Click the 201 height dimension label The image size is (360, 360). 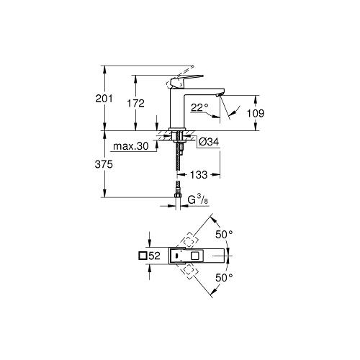(104, 99)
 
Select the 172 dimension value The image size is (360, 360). (135, 104)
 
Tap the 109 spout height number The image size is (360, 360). (256, 113)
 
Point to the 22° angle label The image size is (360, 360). (199, 107)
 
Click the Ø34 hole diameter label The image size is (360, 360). (209, 142)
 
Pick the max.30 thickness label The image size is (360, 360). (131, 146)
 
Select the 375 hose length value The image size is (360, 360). (104, 164)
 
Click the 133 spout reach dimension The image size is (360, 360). (199, 175)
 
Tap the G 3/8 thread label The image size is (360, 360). (198, 199)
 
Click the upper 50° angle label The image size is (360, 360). (224, 235)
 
